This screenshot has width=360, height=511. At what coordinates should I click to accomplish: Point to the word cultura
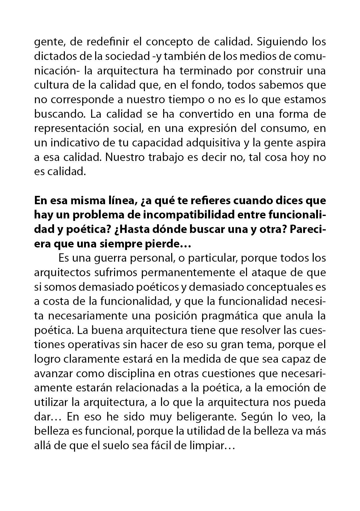click(48, 85)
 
